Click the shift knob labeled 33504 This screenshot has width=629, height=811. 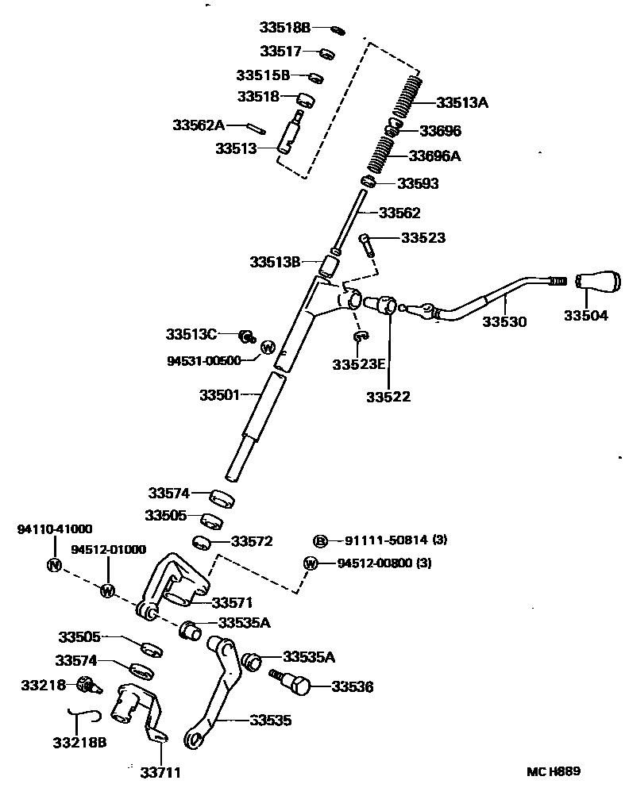597,283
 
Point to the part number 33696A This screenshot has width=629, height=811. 434,156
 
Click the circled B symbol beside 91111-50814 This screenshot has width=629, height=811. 320,540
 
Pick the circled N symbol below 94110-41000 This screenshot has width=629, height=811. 54,565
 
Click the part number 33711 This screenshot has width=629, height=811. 160,771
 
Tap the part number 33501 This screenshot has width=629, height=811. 219,394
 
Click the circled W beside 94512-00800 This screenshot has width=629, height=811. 311,563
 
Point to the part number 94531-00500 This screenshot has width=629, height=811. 204,360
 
